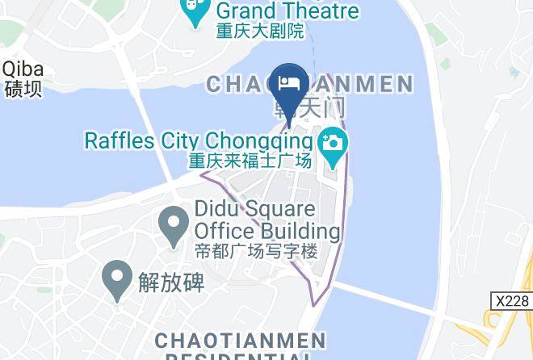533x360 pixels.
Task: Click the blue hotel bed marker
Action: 289,83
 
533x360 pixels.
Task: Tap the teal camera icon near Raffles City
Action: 331,144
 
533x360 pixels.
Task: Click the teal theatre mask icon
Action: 195,11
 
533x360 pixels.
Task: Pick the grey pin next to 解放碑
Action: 117,279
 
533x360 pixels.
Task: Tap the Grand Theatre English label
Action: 287,11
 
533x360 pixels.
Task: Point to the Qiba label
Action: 22,69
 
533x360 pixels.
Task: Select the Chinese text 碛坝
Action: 23,88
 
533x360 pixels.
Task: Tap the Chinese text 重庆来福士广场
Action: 250,161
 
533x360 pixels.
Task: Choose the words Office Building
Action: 267,232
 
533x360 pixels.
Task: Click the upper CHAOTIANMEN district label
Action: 310,84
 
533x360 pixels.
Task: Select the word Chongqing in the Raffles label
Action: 254,140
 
